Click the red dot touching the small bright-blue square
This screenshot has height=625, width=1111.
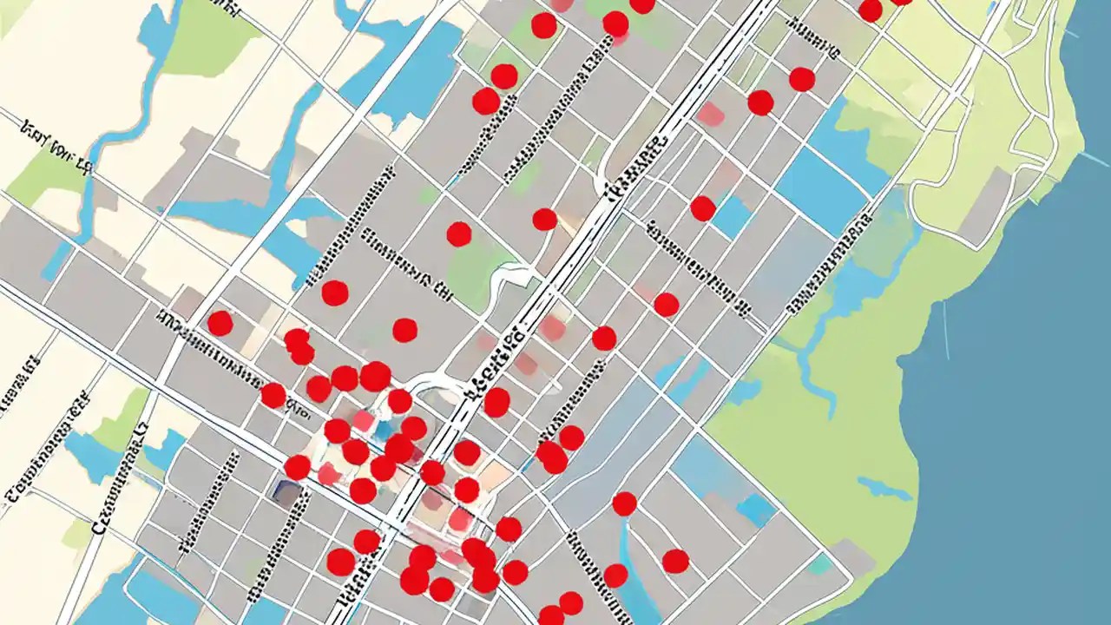click(702, 208)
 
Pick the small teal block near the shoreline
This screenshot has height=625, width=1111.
click(820, 564)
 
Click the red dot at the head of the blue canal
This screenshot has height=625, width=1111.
click(624, 503)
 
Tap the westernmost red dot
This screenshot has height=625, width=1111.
click(220, 323)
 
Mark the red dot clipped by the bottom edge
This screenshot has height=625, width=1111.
click(551, 616)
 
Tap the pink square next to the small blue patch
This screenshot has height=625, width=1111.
click(365, 422)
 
